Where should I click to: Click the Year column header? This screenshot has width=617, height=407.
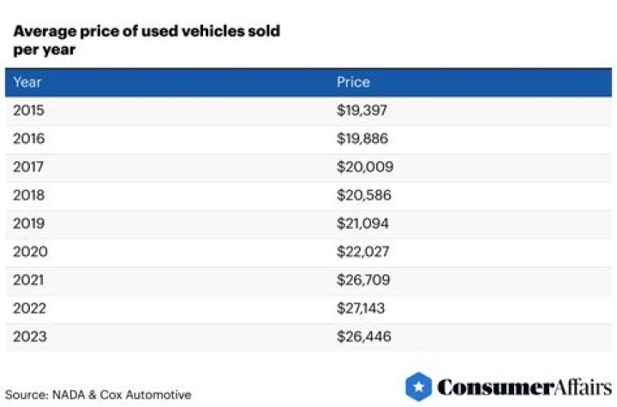(x=27, y=82)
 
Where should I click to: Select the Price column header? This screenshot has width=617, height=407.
(x=353, y=82)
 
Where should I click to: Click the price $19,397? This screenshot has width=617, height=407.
(x=364, y=111)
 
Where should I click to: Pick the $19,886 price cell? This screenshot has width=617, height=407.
(x=364, y=139)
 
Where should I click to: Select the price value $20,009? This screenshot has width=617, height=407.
(x=365, y=167)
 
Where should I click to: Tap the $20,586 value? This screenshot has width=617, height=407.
(x=365, y=195)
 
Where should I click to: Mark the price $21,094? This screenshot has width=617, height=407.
(x=364, y=224)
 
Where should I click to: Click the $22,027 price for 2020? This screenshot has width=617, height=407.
(x=365, y=252)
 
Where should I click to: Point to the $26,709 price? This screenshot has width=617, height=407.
(x=365, y=280)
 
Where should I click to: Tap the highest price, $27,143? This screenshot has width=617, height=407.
(x=363, y=308)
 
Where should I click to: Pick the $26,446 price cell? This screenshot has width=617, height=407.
(x=365, y=337)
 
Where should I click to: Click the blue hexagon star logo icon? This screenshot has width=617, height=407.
(x=418, y=387)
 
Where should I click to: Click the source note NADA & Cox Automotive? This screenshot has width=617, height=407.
(x=98, y=395)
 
